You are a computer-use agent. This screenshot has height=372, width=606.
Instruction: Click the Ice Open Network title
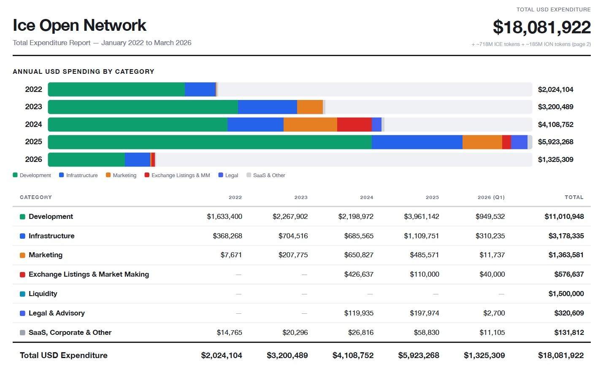point(79,26)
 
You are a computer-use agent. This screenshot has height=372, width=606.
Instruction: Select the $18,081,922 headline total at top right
point(541,27)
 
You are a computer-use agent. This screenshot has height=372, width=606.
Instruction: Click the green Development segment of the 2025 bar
point(210,142)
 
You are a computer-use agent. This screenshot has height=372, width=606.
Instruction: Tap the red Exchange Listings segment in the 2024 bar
point(354,124)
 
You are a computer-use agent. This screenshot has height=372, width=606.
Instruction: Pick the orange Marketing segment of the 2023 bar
point(310,107)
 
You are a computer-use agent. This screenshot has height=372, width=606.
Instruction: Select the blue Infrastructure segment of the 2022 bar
point(200,89)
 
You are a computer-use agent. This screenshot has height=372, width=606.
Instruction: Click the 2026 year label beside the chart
point(33,159)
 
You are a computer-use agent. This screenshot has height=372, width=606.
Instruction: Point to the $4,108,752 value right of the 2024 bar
point(555,124)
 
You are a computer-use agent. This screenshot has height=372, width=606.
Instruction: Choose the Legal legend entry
point(228,175)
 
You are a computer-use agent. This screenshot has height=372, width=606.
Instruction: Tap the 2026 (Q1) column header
point(491,197)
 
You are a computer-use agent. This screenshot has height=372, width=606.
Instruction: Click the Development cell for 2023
point(290,217)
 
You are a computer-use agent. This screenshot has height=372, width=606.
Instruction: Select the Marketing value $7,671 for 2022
point(231,255)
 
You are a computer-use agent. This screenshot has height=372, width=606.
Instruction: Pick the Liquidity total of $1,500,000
point(566,294)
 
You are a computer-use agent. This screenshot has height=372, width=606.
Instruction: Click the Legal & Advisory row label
point(57,313)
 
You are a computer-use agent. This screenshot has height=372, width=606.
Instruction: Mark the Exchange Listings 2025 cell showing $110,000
point(424,275)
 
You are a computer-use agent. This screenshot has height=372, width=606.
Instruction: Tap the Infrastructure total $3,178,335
point(566,236)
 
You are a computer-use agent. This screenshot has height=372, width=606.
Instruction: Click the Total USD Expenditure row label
point(64,356)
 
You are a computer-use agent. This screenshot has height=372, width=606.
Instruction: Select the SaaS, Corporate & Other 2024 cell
point(360,333)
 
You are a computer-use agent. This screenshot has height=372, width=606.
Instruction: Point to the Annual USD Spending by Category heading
point(84,72)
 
